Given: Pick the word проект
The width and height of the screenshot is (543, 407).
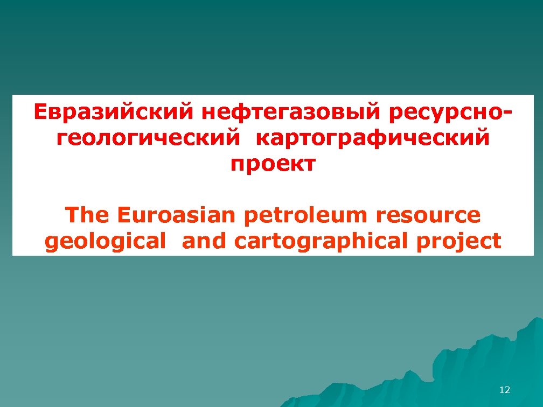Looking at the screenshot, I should [x=271, y=164].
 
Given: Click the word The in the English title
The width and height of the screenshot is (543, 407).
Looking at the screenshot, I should [x=86, y=215].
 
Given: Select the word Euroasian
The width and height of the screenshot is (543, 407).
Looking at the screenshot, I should [x=176, y=215].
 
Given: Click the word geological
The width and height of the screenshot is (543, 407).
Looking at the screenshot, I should [x=105, y=242].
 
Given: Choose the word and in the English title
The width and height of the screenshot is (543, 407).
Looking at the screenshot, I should [x=205, y=241].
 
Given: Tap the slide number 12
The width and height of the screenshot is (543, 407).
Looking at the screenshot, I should [x=505, y=390].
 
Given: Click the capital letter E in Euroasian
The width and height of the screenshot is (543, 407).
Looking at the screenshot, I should [x=123, y=215].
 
